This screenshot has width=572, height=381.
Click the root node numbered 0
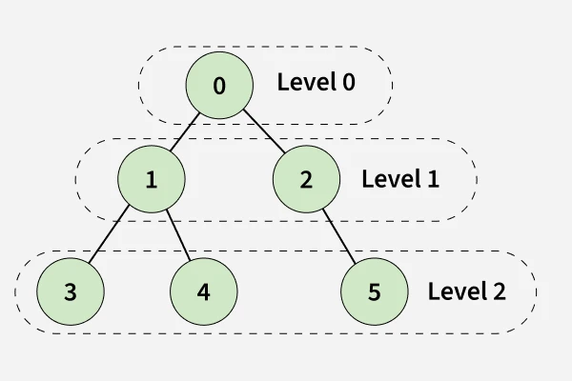219,86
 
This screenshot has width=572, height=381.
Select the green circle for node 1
152,179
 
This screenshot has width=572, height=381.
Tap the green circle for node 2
306,179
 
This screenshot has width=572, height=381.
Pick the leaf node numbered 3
71,291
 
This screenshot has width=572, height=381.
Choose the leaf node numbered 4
203,291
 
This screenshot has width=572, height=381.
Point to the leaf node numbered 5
374,291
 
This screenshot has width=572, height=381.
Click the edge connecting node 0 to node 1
186,131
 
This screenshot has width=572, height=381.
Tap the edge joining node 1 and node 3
110,236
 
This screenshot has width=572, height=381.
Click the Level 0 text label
316,83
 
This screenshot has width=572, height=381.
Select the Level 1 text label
400,179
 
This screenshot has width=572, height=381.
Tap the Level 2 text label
466,291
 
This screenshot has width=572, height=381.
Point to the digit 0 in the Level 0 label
348,83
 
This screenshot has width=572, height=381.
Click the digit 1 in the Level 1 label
433,179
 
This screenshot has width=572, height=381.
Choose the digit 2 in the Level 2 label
499,291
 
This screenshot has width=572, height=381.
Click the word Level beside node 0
304,83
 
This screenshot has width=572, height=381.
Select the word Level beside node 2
389,179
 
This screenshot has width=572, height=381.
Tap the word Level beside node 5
455,291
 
